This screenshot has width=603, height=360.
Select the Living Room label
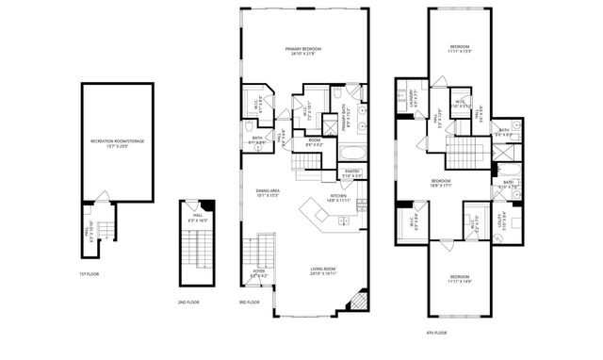point(323,271)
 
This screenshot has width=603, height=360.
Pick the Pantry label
point(351,173)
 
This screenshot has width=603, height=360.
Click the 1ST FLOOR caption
point(88,275)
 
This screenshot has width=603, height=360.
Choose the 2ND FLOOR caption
point(187,303)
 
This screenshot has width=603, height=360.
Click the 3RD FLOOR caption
point(251,303)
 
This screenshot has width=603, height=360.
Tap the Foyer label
point(258,276)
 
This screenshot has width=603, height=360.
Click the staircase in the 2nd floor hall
point(198,253)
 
